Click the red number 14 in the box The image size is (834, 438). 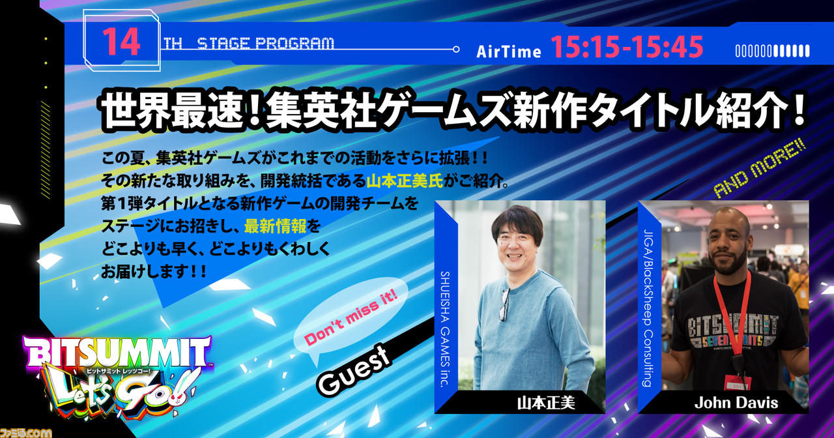(x=121, y=41)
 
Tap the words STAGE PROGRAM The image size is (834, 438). (x=265, y=44)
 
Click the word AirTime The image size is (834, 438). (x=509, y=51)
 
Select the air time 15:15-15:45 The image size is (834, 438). (x=627, y=48)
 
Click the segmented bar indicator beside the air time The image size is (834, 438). (x=772, y=51)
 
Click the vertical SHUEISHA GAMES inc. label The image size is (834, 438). (x=445, y=329)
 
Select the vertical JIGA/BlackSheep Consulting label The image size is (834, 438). (x=648, y=308)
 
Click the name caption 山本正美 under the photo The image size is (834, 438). (x=546, y=403)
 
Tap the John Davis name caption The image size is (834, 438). (x=736, y=403)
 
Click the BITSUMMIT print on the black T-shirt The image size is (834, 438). (x=732, y=325)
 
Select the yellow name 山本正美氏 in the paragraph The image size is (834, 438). (x=405, y=181)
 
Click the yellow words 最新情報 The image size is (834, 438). (x=275, y=226)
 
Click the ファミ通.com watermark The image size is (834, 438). (x=25, y=432)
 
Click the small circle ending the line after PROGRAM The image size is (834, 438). (x=455, y=49)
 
